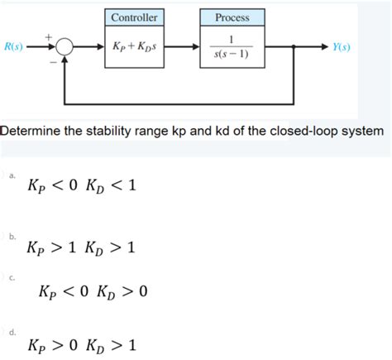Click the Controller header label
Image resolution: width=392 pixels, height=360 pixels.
[135, 17]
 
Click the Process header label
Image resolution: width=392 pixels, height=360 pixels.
[232, 17]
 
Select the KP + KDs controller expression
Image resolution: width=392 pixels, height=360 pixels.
[135, 47]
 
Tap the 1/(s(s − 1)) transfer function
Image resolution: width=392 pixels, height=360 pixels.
[232, 47]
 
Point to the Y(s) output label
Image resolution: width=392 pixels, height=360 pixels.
[341, 47]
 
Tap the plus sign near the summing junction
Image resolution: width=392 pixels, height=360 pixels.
[48, 36]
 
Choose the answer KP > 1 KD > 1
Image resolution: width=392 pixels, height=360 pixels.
[81, 246]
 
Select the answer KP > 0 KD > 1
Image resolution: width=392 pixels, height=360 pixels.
[81, 344]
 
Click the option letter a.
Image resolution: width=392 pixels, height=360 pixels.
[12, 175]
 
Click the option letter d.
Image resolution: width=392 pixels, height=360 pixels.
[12, 331]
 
